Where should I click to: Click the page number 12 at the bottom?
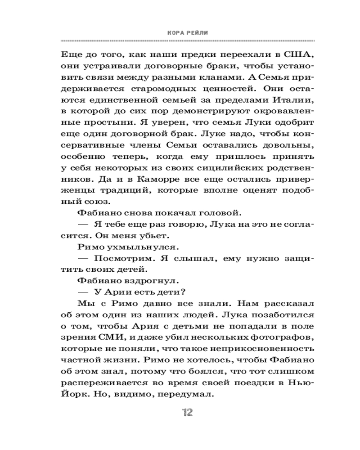pyautogui.click(x=186, y=413)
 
